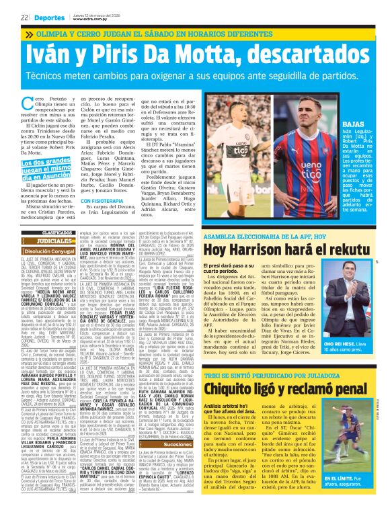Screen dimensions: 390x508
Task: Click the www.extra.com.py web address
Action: [x=86, y=19]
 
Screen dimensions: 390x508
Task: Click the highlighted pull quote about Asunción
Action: [x=46, y=165]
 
